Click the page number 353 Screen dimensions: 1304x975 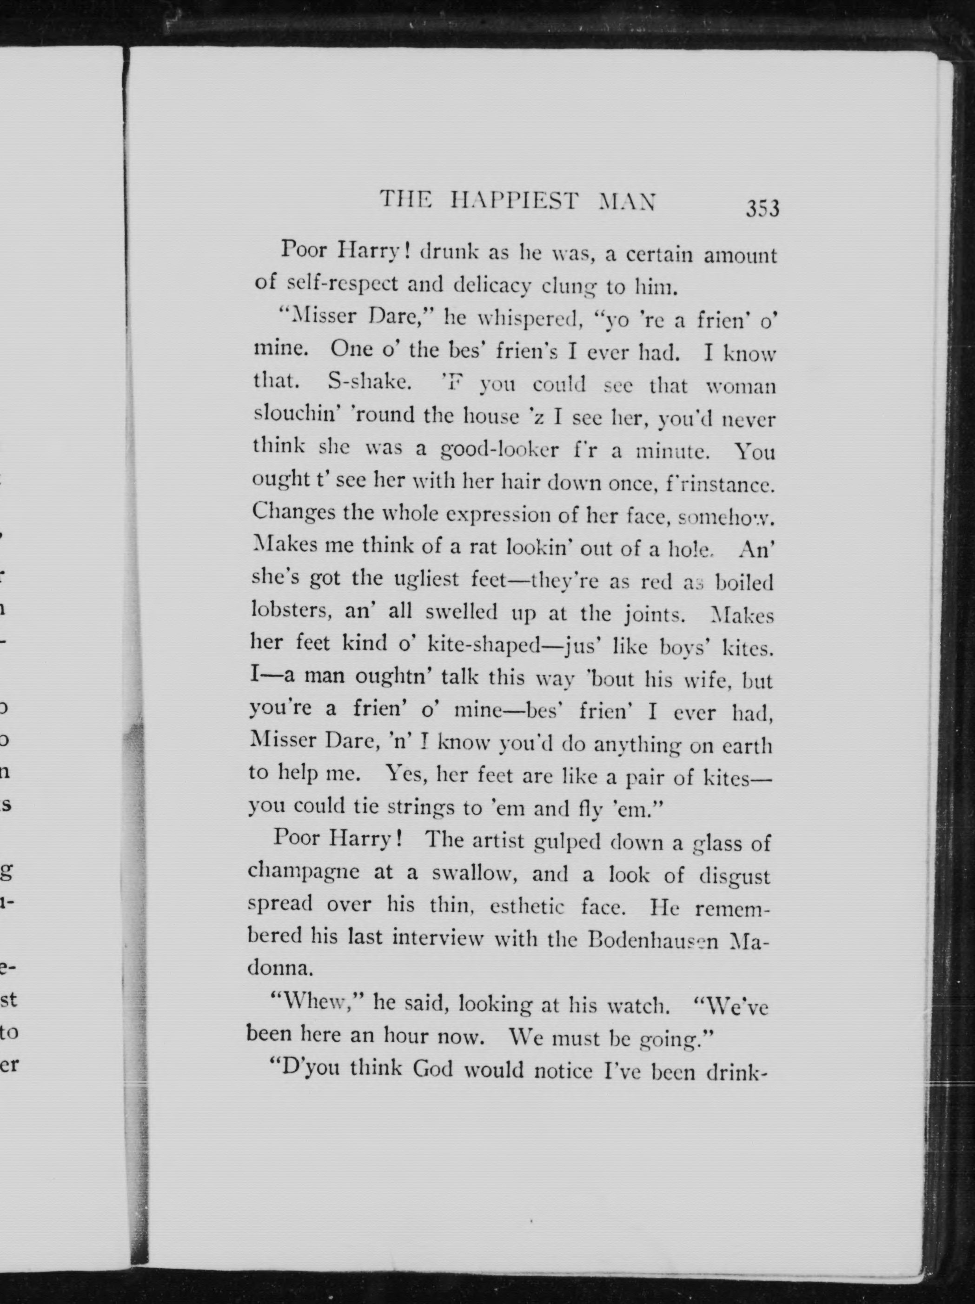(762, 209)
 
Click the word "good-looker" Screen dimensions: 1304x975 (499, 450)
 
